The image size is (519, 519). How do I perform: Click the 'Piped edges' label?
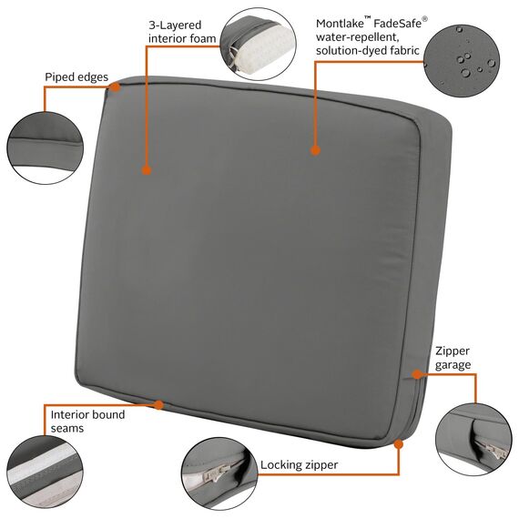[x=77, y=77]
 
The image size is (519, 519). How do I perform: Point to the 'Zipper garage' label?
[x=453, y=357]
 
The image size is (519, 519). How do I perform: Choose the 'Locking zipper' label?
[x=299, y=465]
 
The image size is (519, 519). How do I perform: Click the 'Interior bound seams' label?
[x=88, y=421]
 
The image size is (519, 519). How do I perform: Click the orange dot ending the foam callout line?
[x=146, y=169]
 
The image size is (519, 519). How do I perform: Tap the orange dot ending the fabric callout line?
[x=315, y=150]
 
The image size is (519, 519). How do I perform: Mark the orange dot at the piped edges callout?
[x=116, y=87]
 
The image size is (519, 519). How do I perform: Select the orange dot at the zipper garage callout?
[x=415, y=373]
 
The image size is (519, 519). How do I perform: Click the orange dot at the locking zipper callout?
[x=398, y=444]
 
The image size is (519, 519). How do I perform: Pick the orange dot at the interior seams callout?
[x=159, y=403]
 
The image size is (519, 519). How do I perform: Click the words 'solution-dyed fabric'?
[x=367, y=51]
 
